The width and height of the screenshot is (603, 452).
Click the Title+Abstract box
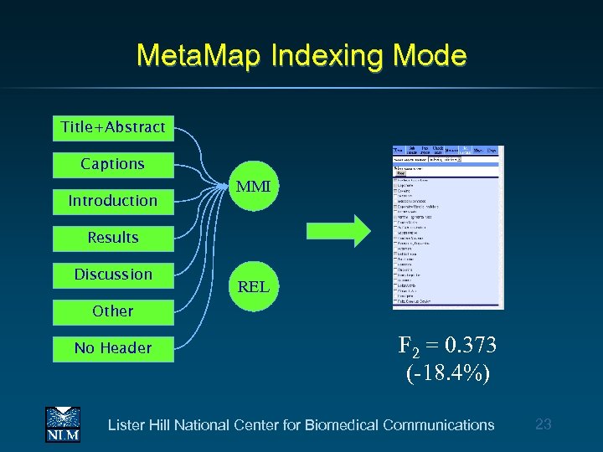pyautogui.click(x=113, y=127)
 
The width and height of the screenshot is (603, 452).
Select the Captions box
pyautogui.click(x=113, y=164)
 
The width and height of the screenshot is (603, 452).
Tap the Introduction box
pyautogui.click(x=113, y=201)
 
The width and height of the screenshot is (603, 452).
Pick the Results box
pyautogui.click(x=113, y=238)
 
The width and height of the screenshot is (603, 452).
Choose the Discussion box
pyautogui.click(x=113, y=275)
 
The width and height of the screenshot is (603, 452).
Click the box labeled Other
pyautogui.click(x=113, y=311)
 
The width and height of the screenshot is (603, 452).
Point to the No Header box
pyautogui.click(x=113, y=348)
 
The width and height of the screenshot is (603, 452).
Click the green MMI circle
pyautogui.click(x=253, y=187)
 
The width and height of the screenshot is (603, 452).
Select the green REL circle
pyautogui.click(x=253, y=286)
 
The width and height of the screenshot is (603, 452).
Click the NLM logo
pyautogui.click(x=63, y=424)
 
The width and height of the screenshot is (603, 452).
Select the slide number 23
pyautogui.click(x=543, y=424)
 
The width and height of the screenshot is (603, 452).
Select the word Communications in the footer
pyautogui.click(x=438, y=425)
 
